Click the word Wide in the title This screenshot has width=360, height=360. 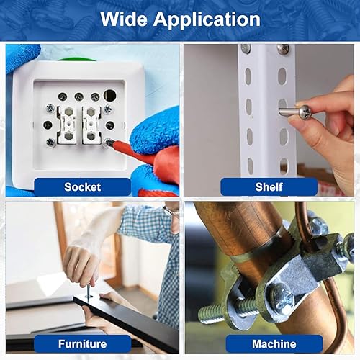(x=124, y=19)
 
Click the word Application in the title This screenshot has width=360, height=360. (x=207, y=20)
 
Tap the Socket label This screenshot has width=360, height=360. (x=83, y=187)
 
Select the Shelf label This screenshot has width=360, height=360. (x=269, y=187)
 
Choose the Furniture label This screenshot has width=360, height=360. (x=83, y=344)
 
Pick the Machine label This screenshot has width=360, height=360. (x=274, y=344)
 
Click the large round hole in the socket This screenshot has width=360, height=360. (x=109, y=95)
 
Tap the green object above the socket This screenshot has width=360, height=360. (x=76, y=59)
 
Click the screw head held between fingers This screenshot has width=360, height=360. (x=305, y=112)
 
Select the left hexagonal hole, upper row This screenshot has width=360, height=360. (x=68, y=111)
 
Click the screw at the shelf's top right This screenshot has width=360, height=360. (x=283, y=49)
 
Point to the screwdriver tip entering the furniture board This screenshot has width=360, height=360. (x=89, y=296)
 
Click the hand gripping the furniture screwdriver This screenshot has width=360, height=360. (x=81, y=266)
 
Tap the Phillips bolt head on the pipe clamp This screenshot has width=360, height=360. (x=284, y=297)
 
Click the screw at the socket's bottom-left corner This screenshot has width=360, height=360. (x=50, y=143)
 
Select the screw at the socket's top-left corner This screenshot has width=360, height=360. (x=50, y=108)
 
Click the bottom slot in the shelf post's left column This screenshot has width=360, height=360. (x=250, y=166)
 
